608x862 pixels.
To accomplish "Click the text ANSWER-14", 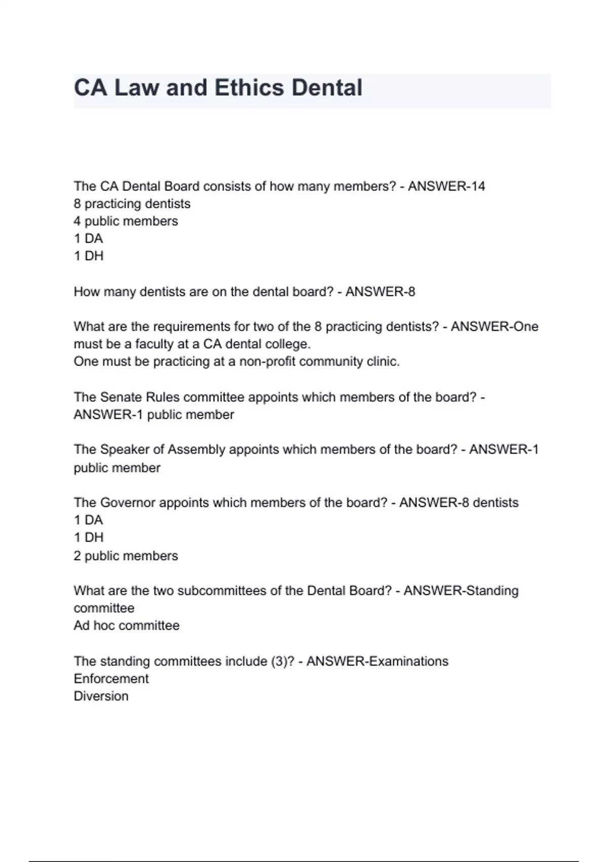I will pyautogui.click(x=446, y=187).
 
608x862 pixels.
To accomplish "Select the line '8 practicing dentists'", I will pyautogui.click(x=132, y=204).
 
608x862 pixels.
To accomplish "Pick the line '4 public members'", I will pyautogui.click(x=126, y=221).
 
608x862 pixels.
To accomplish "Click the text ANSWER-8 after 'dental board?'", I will pyautogui.click(x=380, y=292).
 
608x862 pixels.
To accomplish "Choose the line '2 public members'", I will pyautogui.click(x=126, y=556).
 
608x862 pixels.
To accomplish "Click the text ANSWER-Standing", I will pyautogui.click(x=461, y=591).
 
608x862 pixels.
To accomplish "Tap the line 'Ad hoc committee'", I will pyautogui.click(x=127, y=625).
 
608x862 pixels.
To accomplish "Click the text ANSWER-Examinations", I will pyautogui.click(x=377, y=661).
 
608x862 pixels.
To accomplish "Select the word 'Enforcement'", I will pyautogui.click(x=111, y=678).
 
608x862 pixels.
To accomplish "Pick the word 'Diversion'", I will pyautogui.click(x=101, y=696).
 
